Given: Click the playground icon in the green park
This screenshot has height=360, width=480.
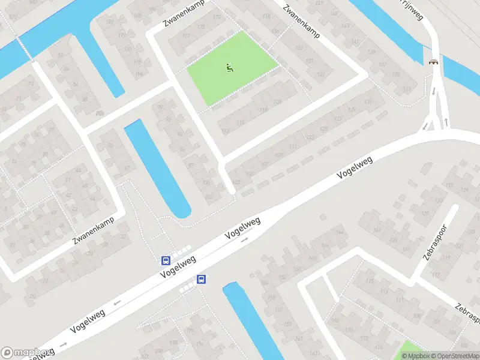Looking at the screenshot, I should tap(229, 68).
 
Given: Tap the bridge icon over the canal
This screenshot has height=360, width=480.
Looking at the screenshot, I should tap(433, 61).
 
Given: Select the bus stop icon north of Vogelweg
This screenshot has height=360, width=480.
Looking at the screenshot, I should tap(165, 261).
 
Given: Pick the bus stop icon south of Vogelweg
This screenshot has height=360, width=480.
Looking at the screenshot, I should tap(202, 279).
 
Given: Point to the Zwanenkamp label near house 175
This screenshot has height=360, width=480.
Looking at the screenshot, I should tap(182, 16).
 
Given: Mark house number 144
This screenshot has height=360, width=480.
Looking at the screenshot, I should tap(341, 233).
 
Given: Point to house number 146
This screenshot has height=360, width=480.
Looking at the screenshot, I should tap(328, 245).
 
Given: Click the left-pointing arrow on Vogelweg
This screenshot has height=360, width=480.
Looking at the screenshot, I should tap(116, 302).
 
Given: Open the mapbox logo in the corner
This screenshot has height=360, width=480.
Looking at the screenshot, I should tap(24, 352).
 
